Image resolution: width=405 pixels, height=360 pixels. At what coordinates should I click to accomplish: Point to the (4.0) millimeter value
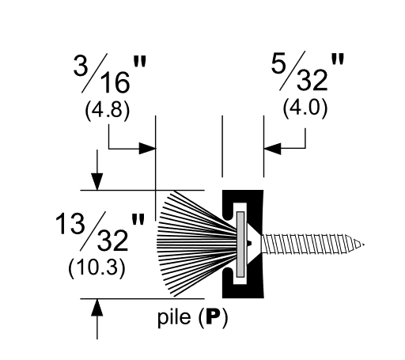(304, 108)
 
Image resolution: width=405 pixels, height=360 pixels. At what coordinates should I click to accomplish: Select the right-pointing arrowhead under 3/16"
(148, 148)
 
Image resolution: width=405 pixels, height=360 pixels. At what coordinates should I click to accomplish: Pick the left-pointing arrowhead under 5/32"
(271, 148)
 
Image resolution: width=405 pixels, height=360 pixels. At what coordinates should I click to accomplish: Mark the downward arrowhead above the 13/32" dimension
(97, 183)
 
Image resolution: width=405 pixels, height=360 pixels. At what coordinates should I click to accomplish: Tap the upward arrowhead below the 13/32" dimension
(97, 307)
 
